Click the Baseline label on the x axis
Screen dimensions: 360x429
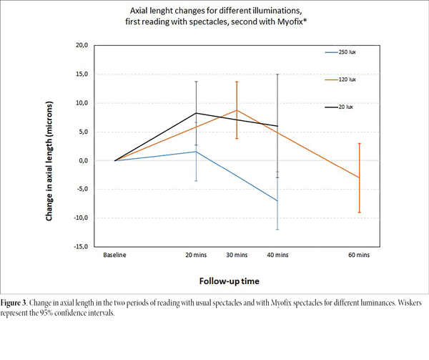point(115,254)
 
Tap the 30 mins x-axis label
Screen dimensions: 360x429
point(237,254)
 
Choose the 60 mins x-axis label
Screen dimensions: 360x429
point(359,254)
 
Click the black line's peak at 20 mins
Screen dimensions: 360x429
point(196,113)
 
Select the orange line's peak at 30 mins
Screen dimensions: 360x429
point(237,110)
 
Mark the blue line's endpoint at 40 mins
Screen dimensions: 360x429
point(277,201)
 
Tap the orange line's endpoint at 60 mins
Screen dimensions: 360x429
point(359,177)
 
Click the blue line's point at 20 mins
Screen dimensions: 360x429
point(196,152)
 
